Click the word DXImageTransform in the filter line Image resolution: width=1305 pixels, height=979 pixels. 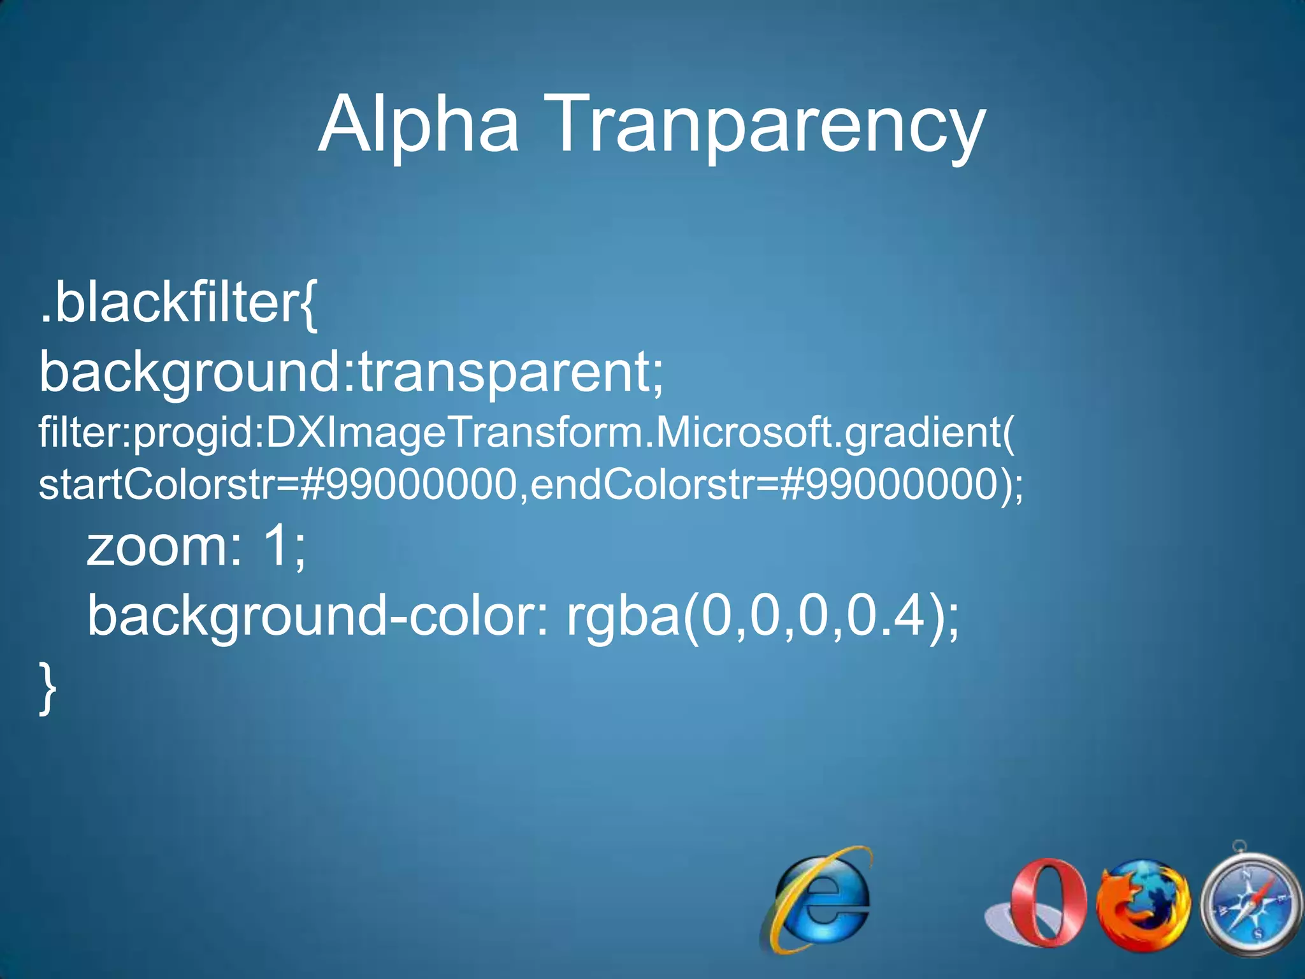coord(455,432)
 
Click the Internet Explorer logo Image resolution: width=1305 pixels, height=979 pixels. coord(818,899)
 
